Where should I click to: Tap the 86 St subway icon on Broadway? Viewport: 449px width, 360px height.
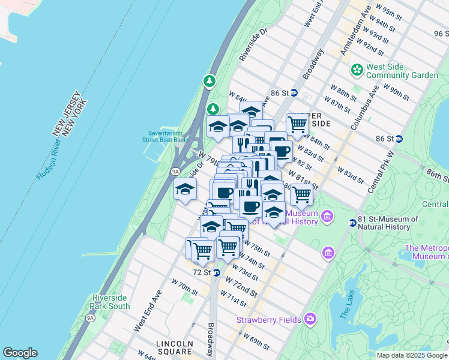[x=294, y=93]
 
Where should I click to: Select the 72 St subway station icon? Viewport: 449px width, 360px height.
[x=216, y=272]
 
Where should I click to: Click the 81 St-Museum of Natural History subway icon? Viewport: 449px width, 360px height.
[x=353, y=223]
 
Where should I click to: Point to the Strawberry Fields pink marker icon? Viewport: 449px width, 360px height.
[x=310, y=319]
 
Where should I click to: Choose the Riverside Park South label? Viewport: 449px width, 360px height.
[x=110, y=302]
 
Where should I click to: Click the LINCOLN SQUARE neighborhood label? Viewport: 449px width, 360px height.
[x=174, y=348]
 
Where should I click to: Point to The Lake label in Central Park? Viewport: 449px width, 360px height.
[x=348, y=304]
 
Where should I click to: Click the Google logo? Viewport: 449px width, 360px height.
[x=20, y=353]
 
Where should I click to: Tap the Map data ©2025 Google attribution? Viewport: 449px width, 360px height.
[x=412, y=355]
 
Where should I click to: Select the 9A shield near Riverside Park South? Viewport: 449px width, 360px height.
[x=91, y=317]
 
